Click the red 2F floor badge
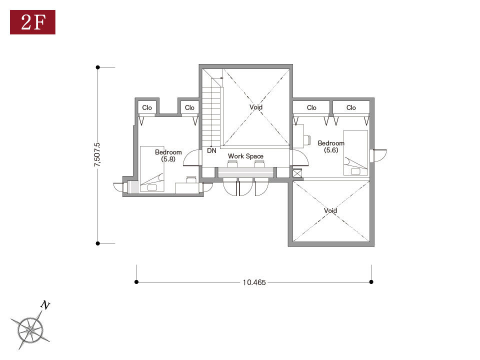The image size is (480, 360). (32, 22)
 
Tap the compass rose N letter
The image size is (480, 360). (45, 305)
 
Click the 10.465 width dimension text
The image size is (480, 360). (254, 282)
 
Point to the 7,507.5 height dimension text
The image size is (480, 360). (97, 155)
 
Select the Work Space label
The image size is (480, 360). (245, 156)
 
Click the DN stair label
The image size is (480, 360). (211, 150)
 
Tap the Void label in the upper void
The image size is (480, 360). (256, 107)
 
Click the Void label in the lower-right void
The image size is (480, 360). (330, 210)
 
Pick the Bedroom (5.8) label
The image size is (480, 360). (168, 155)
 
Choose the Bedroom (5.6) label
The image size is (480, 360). (331, 146)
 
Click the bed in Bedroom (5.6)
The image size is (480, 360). (355, 153)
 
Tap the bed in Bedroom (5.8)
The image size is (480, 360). (152, 169)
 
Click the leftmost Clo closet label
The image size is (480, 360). (147, 108)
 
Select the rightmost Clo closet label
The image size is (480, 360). (351, 108)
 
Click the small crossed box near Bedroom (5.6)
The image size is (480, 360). (297, 173)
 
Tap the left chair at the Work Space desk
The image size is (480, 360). (232, 164)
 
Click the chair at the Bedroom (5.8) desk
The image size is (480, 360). (191, 179)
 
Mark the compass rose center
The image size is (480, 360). (31, 330)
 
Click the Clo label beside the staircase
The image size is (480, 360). (189, 108)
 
